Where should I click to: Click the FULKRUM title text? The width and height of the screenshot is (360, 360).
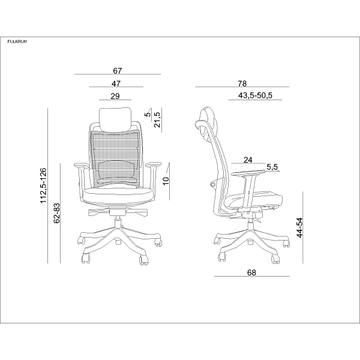(x=17, y=41)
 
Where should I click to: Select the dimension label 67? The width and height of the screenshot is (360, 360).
(x=118, y=71)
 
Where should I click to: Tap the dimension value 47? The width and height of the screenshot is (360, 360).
(x=116, y=83)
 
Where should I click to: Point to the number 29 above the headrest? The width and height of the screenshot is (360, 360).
(x=115, y=96)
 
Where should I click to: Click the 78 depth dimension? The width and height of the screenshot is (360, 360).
(x=242, y=83)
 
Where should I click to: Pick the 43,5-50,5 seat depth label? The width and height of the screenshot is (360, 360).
(x=255, y=95)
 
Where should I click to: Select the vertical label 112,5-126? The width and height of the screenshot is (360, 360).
(x=43, y=185)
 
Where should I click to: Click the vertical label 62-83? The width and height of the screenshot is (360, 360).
(x=56, y=213)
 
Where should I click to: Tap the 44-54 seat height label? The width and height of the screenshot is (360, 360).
(x=299, y=227)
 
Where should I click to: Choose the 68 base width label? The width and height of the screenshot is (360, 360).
(x=251, y=272)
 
